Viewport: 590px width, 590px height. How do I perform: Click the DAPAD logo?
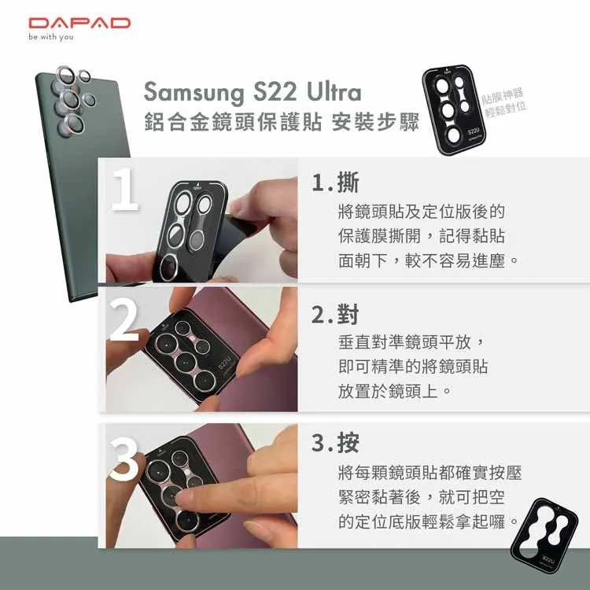(79, 23)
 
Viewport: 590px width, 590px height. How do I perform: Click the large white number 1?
(125, 189)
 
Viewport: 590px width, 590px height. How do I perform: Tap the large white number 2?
(125, 319)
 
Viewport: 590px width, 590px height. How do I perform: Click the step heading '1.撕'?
(336, 183)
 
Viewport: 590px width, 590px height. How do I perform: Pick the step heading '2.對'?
(336, 315)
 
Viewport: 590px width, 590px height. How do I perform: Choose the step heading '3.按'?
(336, 444)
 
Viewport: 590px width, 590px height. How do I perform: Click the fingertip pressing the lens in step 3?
(186, 498)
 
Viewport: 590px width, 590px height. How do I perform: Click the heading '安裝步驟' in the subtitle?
(376, 124)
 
